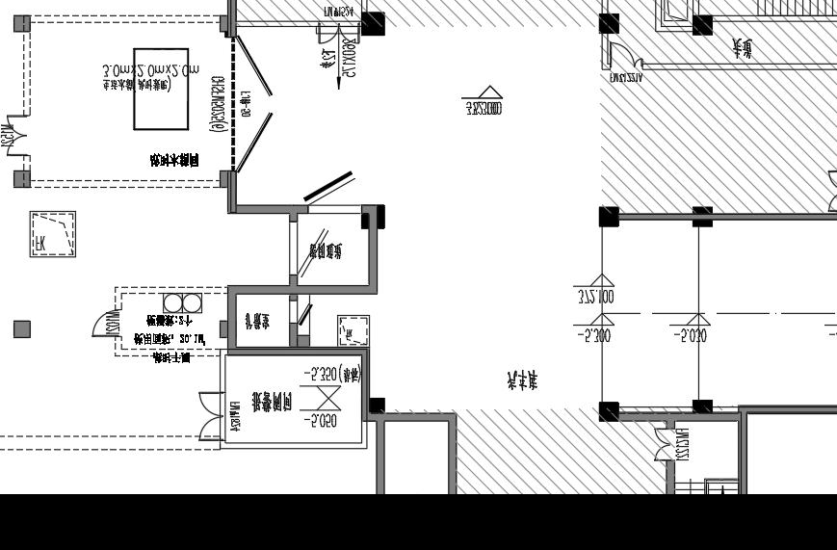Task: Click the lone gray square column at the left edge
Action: click(x=22, y=329)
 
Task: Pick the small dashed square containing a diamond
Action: click(x=353, y=331)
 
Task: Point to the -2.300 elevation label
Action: click(x=593, y=336)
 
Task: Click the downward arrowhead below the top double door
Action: click(x=340, y=85)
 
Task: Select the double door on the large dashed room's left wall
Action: click(x=13, y=136)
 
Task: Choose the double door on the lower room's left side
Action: click(x=210, y=416)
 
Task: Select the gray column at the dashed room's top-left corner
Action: click(x=21, y=24)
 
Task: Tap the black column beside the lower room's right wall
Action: click(x=377, y=406)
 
